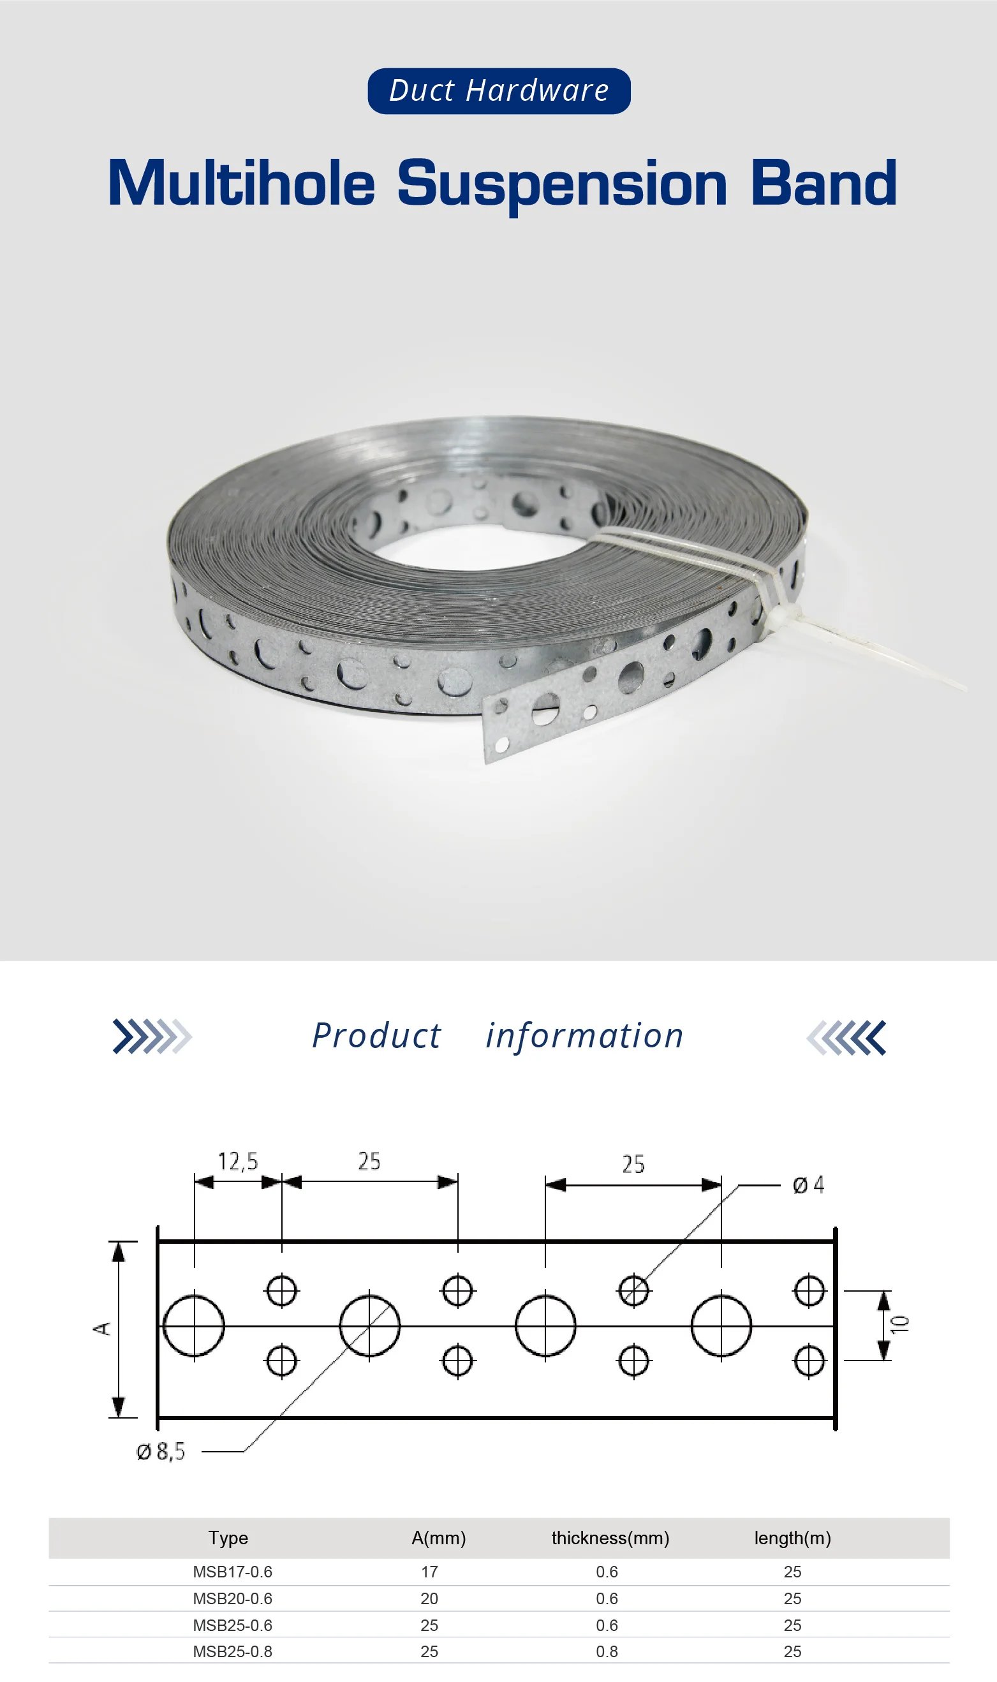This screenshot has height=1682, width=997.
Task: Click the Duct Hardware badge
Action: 499,91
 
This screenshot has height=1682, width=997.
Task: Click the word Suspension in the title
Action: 562,184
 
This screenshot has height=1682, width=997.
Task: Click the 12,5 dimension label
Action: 238,1161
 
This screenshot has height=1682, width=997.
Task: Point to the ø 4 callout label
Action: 808,1184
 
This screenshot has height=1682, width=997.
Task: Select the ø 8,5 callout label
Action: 161,1452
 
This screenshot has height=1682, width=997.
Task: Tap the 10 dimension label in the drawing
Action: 899,1324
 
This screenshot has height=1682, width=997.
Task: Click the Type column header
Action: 228,1538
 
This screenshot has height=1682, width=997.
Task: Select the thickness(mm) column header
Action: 610,1538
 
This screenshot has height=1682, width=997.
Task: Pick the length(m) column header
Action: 792,1538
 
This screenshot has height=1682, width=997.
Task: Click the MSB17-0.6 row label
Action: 232,1572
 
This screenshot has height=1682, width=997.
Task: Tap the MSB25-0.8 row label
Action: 232,1651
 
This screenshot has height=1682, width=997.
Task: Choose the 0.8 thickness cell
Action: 607,1651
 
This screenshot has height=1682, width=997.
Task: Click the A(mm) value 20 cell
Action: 429,1598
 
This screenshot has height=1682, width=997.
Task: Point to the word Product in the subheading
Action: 377,1036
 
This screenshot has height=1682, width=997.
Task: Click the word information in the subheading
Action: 584,1036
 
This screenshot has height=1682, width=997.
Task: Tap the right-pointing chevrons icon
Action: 152,1036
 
